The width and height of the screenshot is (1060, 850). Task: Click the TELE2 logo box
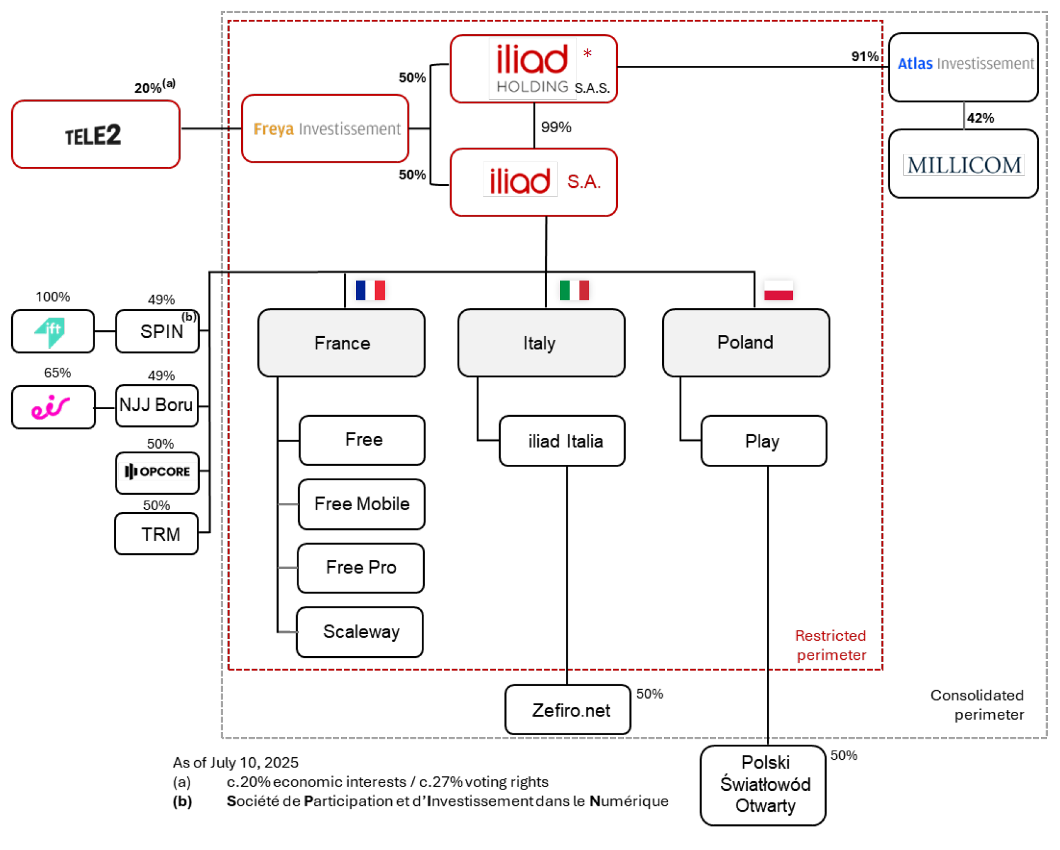tap(95, 135)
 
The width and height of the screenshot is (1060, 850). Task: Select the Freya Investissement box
tap(325, 129)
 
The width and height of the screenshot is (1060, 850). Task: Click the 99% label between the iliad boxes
tap(556, 127)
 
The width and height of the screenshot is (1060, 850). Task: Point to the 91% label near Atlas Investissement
tap(864, 57)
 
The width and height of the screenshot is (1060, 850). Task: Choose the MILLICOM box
tap(963, 164)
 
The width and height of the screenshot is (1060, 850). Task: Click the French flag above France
tap(370, 290)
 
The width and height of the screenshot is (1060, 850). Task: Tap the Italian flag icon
tap(574, 290)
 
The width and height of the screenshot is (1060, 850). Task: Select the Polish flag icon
tap(778, 290)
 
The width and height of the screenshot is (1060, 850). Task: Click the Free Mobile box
tap(362, 504)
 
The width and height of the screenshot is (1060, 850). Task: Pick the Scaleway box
tap(360, 632)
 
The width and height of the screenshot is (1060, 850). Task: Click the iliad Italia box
tap(562, 441)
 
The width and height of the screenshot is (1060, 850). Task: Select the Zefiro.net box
tap(568, 710)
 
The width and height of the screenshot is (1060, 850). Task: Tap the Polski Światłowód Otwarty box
tap(764, 785)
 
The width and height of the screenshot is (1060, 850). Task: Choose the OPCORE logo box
tap(157, 472)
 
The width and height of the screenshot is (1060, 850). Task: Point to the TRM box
tap(157, 534)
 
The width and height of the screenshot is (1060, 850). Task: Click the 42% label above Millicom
tap(980, 118)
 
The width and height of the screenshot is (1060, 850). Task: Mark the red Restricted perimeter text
tap(830, 645)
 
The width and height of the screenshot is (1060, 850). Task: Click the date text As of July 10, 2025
tap(235, 763)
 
